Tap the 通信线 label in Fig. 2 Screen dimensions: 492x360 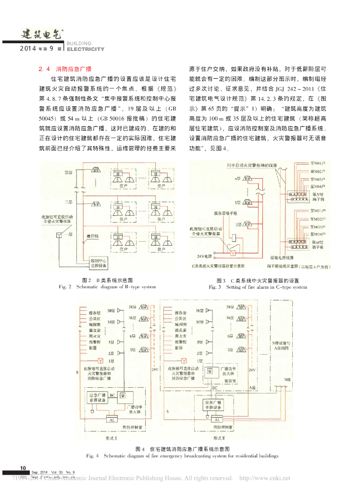click(92, 236)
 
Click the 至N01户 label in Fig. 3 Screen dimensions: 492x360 click(318, 164)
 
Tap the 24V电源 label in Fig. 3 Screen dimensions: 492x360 click(205, 257)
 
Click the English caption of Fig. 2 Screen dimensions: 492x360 click(107, 287)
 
